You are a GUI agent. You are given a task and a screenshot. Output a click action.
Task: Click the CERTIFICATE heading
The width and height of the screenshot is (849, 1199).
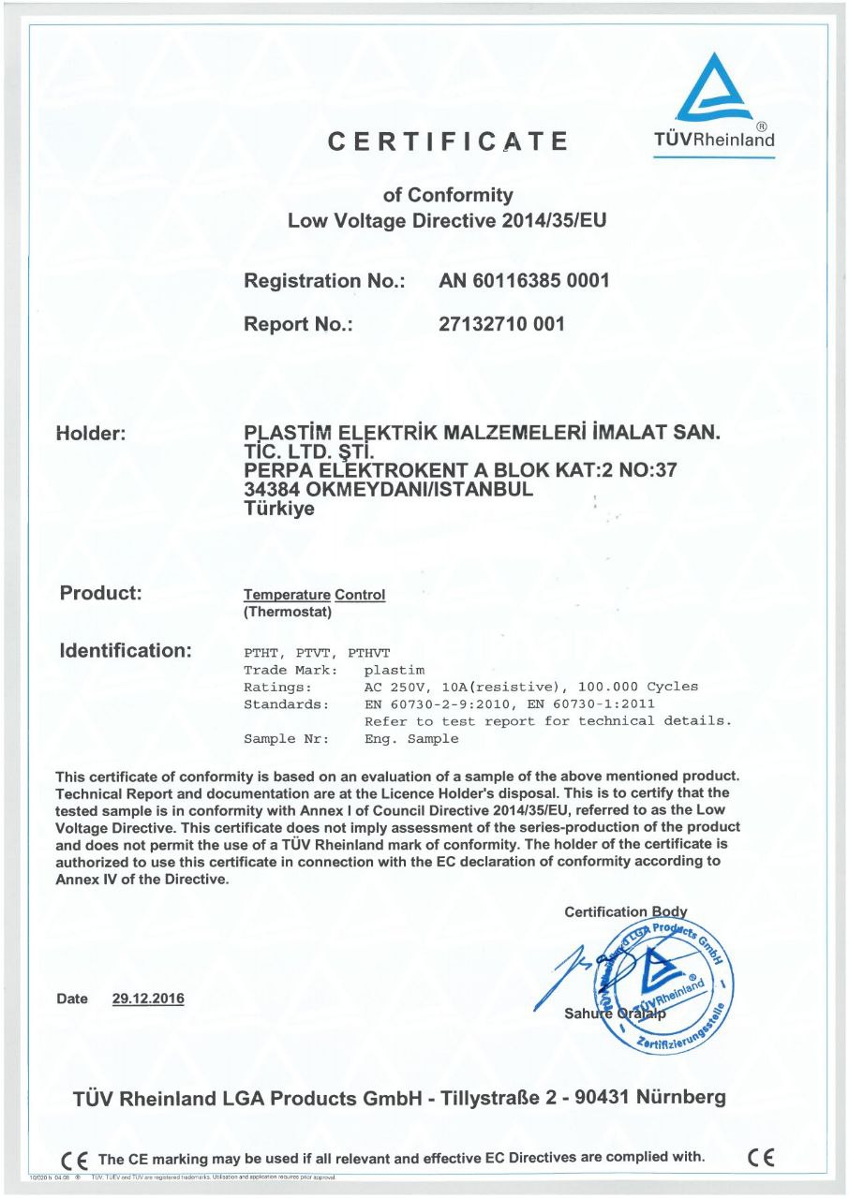(448, 142)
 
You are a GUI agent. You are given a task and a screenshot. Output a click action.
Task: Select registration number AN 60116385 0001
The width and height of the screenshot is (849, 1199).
(524, 280)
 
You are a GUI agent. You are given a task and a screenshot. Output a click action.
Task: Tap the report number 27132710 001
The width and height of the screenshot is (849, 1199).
(501, 324)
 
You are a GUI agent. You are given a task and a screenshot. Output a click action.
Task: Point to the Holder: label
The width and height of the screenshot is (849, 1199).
(98, 434)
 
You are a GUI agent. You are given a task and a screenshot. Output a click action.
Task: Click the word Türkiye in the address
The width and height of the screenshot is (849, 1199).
(279, 510)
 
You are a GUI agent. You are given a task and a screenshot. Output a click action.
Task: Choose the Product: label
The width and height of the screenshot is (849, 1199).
(100, 593)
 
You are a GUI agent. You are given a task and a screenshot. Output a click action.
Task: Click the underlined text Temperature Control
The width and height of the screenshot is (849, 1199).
(314, 595)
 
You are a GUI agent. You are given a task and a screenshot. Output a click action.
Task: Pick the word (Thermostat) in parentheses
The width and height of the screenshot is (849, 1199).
(288, 613)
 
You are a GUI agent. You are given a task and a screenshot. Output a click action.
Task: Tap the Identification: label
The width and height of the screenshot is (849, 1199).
(126, 649)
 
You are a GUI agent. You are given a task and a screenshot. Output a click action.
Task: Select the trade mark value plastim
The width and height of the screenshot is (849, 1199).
(395, 670)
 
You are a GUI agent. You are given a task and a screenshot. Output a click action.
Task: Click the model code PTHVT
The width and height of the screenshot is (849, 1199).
(368, 653)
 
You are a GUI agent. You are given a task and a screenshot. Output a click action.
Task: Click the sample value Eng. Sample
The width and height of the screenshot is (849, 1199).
(411, 739)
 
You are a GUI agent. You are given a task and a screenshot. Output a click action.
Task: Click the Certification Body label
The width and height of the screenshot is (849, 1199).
(626, 911)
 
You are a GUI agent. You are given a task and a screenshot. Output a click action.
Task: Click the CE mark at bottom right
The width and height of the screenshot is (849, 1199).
(762, 1157)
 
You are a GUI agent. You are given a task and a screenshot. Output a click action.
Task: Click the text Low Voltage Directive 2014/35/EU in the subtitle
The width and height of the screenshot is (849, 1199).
(448, 222)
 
